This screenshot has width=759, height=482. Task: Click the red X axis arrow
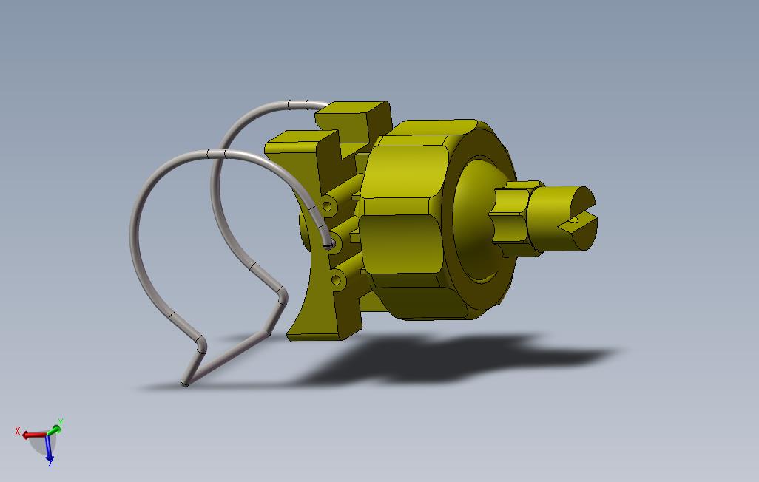pos(31,435)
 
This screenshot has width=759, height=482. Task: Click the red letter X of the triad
pos(18,431)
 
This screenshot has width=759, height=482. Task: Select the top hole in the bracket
pos(326,204)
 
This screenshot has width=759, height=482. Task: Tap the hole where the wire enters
pos(331,241)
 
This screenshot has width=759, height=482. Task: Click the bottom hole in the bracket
pos(337,280)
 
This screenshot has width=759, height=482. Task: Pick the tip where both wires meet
pos(185,383)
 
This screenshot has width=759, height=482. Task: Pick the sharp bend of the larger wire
pos(201,344)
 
